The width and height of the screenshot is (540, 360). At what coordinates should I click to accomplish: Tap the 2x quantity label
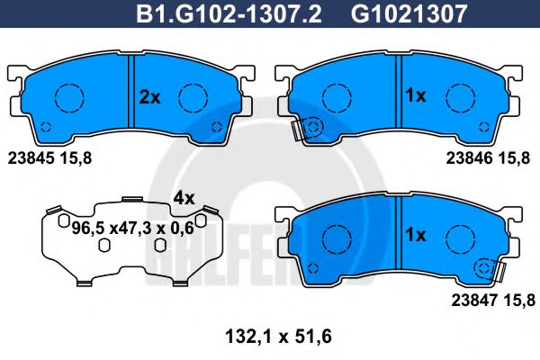point(149,96)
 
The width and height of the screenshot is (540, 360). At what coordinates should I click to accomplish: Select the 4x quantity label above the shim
point(184,197)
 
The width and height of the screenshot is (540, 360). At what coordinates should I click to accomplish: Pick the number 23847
point(466,303)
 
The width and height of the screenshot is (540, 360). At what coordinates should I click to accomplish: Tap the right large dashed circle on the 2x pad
point(193,96)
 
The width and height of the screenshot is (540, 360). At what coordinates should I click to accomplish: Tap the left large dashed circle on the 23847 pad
point(337,238)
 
